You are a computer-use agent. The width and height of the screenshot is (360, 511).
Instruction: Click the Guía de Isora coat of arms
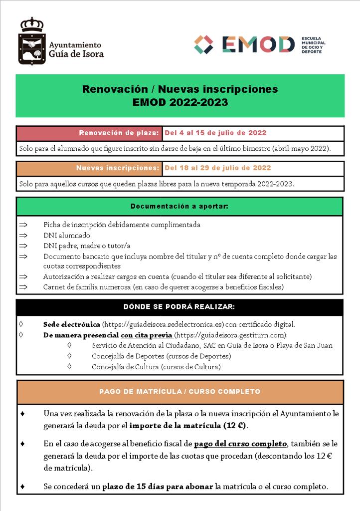tap(31, 41)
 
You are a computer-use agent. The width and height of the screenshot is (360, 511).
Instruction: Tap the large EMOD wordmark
tap(258, 44)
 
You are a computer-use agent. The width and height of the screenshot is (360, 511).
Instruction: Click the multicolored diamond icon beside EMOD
tap(203, 44)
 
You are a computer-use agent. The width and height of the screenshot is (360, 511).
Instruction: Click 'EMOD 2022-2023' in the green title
tap(180, 102)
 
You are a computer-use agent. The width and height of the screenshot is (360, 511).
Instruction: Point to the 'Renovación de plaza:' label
tap(119, 133)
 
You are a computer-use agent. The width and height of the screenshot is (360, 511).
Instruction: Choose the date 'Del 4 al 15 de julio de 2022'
tap(215, 133)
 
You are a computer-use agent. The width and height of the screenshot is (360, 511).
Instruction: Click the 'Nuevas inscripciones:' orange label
tap(118, 168)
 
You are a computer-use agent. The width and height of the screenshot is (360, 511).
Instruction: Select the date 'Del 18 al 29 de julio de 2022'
tap(217, 168)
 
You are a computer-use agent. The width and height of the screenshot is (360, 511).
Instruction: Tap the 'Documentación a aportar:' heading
tap(180, 206)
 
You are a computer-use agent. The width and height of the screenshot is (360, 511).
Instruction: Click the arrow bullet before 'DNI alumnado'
tap(22, 236)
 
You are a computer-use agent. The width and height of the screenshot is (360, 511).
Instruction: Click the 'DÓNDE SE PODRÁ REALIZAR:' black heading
tap(179, 306)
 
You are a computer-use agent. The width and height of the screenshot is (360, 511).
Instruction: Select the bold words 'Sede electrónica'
tap(71, 324)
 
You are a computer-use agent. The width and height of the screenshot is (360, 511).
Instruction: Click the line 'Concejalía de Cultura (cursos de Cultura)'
tap(156, 367)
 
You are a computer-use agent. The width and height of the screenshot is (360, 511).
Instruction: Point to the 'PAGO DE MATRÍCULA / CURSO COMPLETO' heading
tap(180, 392)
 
